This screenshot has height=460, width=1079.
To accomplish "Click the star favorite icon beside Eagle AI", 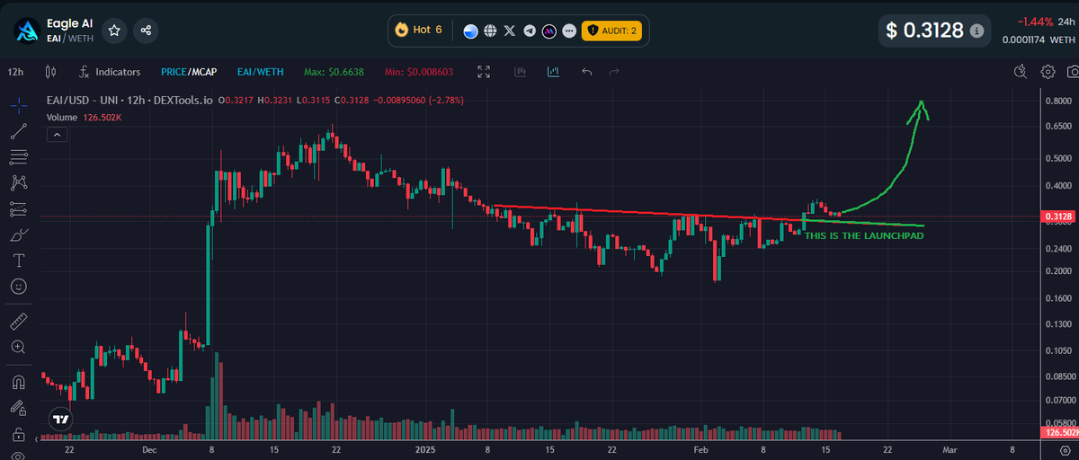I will point(114,30).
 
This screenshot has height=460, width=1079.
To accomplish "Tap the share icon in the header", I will point(146,30).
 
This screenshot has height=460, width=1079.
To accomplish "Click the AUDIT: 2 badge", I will point(611,30).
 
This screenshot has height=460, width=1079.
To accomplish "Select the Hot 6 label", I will point(418,30).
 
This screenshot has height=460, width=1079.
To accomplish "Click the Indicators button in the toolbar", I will point(110,71).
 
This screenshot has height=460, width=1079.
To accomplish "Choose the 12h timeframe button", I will point(15,71).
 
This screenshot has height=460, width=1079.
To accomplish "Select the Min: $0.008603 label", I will point(419,71).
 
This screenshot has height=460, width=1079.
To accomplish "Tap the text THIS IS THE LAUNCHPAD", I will point(863,235).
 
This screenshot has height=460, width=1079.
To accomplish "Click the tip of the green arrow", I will point(921,102).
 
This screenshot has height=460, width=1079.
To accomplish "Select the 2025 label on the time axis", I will point(425,448).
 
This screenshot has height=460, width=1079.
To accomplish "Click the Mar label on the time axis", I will point(949,448).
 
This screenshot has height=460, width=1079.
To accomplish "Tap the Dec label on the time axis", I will point(149,448).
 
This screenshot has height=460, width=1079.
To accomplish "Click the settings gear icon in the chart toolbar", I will point(1048,71).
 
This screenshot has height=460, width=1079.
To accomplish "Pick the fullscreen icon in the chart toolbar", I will point(484,71).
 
